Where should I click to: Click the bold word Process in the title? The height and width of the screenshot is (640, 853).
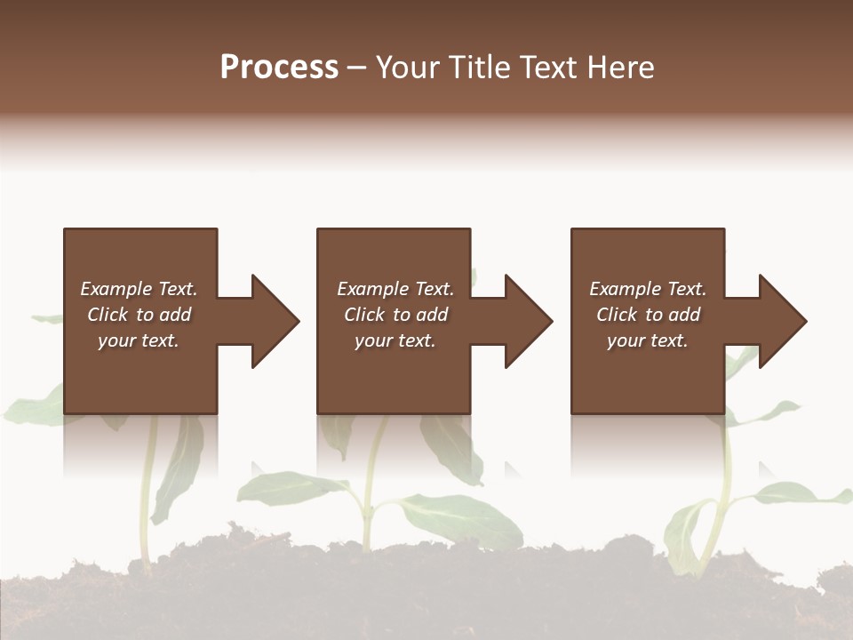tap(279, 68)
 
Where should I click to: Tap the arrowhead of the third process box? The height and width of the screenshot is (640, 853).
tap(781, 321)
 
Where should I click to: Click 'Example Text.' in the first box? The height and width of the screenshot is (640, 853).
tap(139, 289)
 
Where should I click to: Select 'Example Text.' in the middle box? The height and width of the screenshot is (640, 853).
tap(395, 289)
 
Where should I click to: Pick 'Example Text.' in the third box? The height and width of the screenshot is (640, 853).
tap(648, 289)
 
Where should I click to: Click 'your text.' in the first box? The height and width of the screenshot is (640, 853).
tap(139, 340)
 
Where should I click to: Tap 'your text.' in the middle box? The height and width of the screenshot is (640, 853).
tap(395, 340)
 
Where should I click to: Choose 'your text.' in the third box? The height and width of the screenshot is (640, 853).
tap(648, 340)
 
